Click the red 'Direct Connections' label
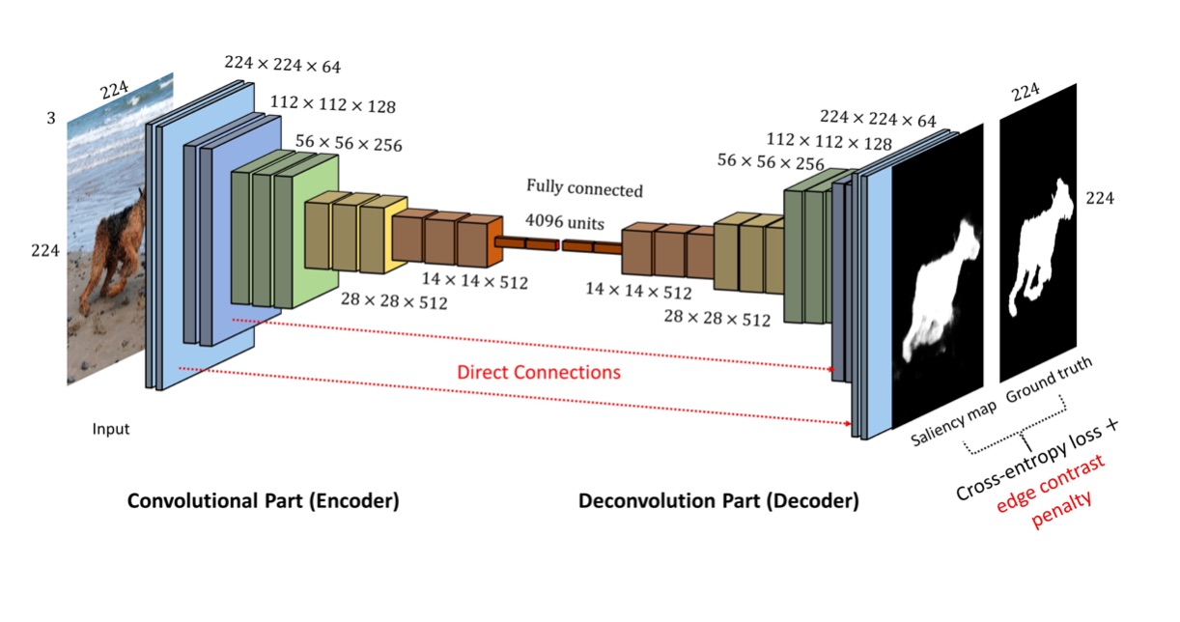538,372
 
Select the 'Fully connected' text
584,187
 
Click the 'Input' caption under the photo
111,429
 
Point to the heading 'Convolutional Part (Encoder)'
264,501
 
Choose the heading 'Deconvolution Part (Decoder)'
717,501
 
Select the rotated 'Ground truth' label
1049,381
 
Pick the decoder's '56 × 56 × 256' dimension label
771,163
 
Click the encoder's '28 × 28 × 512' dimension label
394,300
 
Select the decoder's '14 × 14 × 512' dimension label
638,291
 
